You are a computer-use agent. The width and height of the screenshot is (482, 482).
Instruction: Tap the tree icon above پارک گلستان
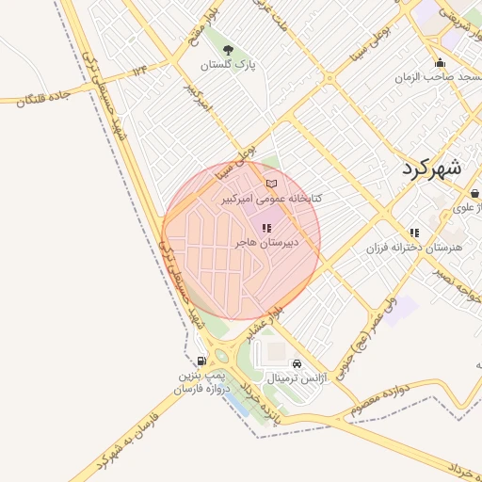(229, 47)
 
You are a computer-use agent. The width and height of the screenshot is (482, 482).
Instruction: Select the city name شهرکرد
(431, 169)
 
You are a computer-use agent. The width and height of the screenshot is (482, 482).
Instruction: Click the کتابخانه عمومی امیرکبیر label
(271, 199)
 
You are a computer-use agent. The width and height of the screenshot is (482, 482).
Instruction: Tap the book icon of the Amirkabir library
(272, 184)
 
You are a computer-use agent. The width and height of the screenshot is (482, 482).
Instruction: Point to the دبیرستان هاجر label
(267, 242)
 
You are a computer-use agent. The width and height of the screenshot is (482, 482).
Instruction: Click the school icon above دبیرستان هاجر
(266, 227)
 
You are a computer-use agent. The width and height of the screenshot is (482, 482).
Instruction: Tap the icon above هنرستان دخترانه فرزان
(414, 233)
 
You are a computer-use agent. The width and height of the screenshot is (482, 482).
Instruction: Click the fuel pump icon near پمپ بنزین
(201, 361)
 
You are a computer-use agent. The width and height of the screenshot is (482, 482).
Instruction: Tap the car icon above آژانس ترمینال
(297, 363)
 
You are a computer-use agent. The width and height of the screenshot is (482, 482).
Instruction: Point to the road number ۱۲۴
(141, 70)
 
